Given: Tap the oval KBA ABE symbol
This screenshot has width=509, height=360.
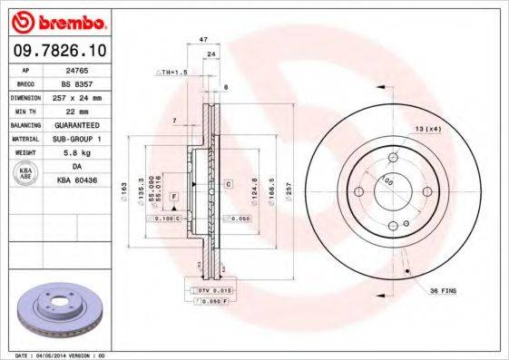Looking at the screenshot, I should click(x=25, y=174).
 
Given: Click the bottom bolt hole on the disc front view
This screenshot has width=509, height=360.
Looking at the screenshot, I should click(x=393, y=226).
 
